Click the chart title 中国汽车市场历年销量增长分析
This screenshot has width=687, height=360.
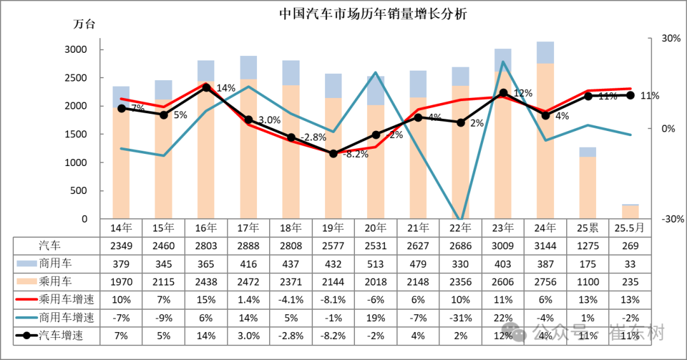[x=373, y=14]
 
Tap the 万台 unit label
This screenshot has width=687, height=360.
[x=84, y=25]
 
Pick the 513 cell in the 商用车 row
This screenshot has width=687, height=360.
[x=376, y=263]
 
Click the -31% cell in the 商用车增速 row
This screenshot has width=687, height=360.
[x=461, y=318]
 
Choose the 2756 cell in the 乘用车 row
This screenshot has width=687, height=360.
[x=545, y=282]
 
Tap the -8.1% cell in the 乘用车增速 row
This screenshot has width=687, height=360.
[x=333, y=300]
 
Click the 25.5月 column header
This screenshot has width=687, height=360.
[x=630, y=228]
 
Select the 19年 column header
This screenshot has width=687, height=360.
[x=333, y=228]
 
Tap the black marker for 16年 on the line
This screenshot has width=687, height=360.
[x=206, y=87]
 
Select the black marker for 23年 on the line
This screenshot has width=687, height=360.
[x=503, y=93]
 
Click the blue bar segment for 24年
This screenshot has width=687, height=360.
[x=545, y=52]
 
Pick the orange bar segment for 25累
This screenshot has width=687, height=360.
[x=588, y=188]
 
